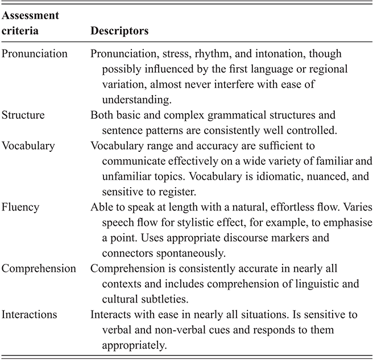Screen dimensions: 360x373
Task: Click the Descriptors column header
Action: coord(119,31)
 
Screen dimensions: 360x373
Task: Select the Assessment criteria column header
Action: coord(28,24)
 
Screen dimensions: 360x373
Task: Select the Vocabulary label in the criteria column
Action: coord(28,145)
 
